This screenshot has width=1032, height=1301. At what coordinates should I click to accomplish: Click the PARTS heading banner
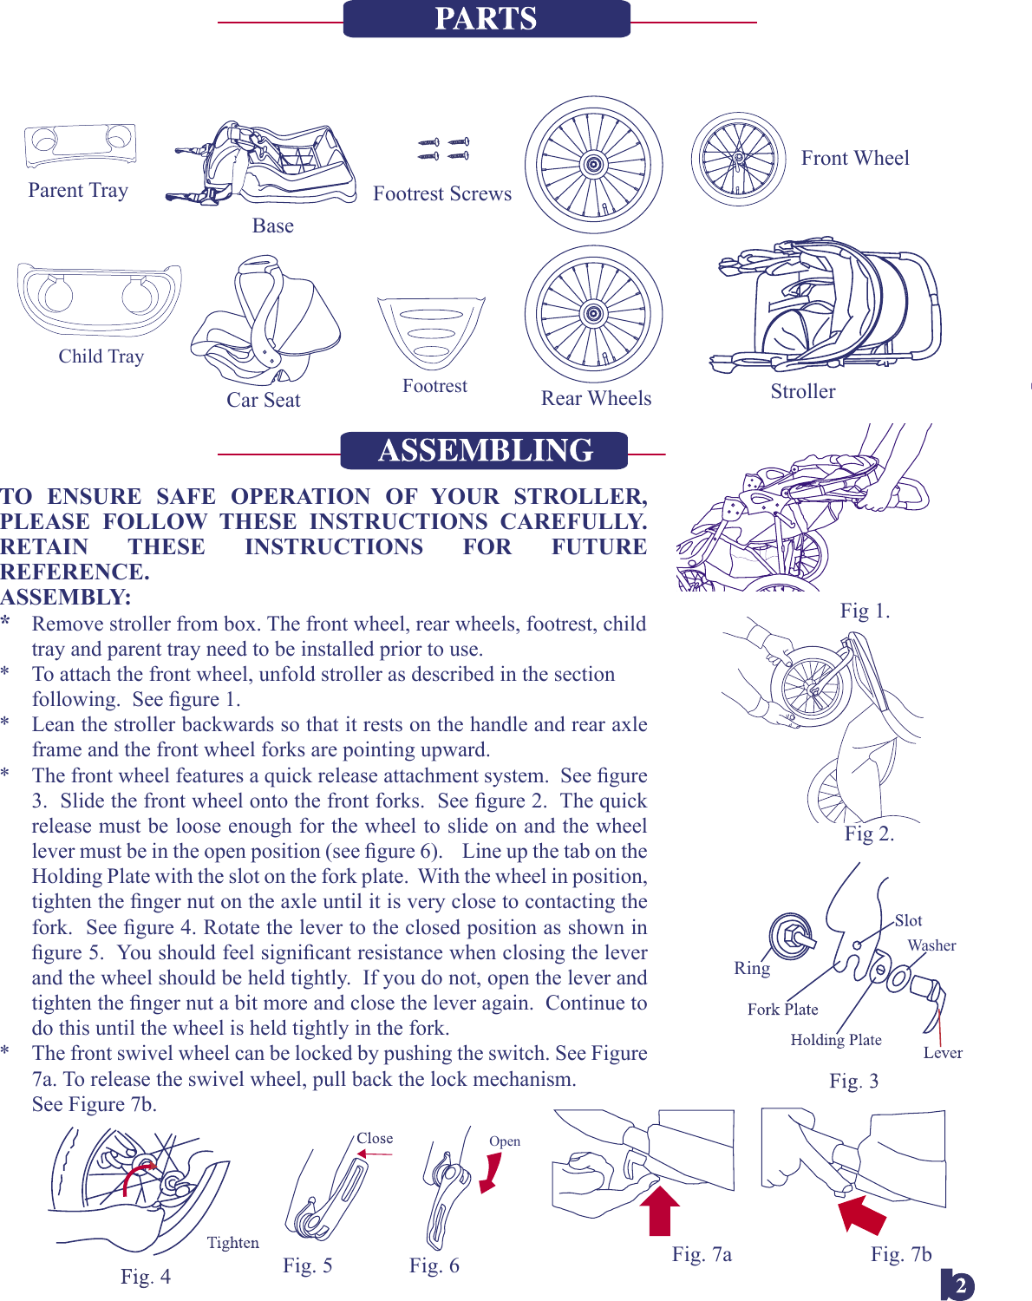(x=486, y=19)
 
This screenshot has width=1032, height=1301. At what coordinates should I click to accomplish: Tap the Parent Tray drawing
(x=80, y=145)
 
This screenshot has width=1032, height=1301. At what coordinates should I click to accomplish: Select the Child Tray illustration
(x=99, y=300)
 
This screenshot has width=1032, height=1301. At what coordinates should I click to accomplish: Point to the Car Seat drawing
(x=265, y=321)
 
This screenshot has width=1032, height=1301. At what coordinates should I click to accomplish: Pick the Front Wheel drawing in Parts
(x=738, y=159)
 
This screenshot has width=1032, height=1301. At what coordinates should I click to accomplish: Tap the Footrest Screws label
(x=442, y=194)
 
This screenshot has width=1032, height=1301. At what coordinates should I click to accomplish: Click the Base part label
(x=272, y=226)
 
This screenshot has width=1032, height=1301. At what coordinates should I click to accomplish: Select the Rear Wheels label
(x=596, y=398)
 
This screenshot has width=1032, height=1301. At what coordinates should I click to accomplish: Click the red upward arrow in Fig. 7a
(x=660, y=1210)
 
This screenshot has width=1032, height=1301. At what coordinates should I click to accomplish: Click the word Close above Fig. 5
(x=375, y=1138)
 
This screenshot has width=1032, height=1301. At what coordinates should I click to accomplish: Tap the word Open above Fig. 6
(x=505, y=1141)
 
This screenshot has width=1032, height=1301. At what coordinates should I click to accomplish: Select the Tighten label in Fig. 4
(x=232, y=1243)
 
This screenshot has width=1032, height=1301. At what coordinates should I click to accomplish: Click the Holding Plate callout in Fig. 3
(x=835, y=1040)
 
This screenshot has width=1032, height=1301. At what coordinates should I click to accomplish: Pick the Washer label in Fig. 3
(x=931, y=945)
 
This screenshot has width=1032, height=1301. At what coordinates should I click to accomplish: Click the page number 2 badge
(x=959, y=1285)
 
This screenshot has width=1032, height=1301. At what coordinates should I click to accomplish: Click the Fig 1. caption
(x=865, y=611)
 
